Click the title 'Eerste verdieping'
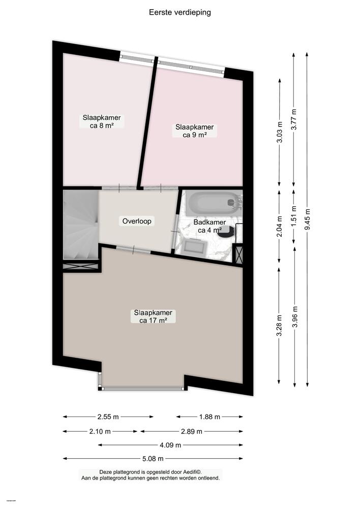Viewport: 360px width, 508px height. [179, 13]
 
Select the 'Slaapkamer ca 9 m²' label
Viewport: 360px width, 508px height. [194, 131]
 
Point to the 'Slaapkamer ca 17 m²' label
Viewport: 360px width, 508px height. [153, 316]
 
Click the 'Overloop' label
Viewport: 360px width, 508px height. [137, 221]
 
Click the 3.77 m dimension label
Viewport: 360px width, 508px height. [293, 120]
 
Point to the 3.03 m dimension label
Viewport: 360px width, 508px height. [279, 132]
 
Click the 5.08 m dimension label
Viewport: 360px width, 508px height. [153, 459]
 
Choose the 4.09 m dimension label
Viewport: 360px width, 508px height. [171, 446]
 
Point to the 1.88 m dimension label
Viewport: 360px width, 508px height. [209, 417]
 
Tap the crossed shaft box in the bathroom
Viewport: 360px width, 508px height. [237, 254]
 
